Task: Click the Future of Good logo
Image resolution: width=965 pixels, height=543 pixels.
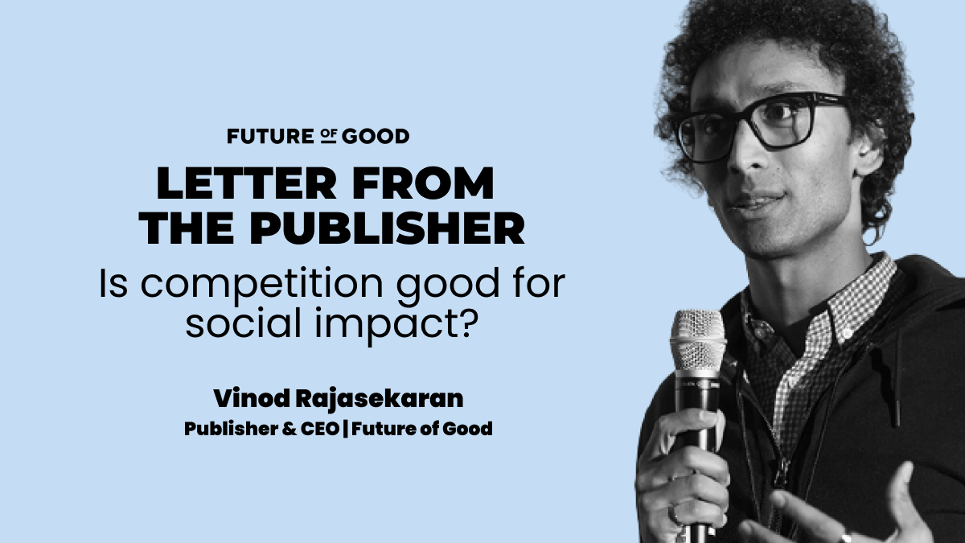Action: click(318, 136)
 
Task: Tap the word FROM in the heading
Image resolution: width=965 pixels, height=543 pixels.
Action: click(423, 183)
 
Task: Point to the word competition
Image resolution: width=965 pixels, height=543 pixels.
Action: click(261, 286)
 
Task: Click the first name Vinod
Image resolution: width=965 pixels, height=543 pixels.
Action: click(252, 399)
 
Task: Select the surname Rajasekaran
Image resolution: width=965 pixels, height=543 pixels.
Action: click(379, 400)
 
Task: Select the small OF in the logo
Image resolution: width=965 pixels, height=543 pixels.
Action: click(329, 136)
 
